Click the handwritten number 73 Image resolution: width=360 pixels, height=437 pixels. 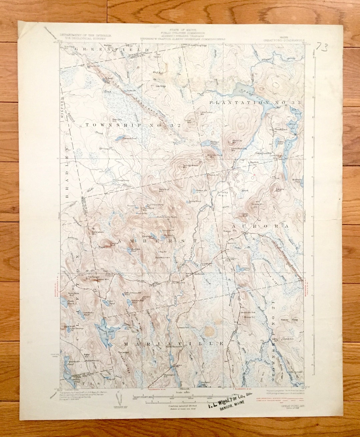[322, 46]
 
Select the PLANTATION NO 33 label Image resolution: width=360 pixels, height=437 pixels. [255, 102]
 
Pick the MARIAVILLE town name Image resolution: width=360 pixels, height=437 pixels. [173, 343]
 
